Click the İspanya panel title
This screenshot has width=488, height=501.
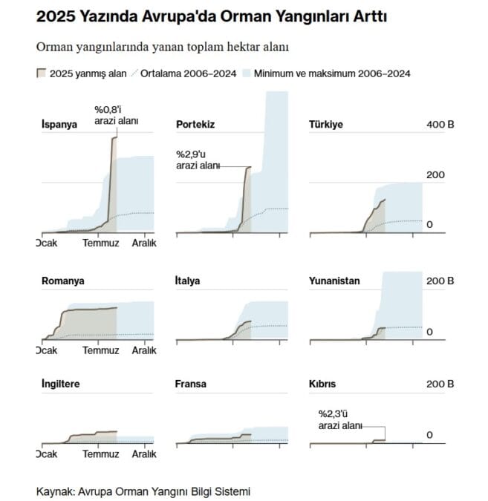click(59, 125)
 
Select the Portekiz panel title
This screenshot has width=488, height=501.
click(195, 125)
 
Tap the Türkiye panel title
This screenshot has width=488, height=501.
click(325, 125)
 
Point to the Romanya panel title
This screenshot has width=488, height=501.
click(62, 281)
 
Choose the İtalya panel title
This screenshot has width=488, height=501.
click(187, 281)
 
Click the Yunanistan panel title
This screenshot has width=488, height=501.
click(334, 281)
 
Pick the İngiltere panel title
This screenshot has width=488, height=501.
click(61, 384)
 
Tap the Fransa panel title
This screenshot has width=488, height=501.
click(191, 384)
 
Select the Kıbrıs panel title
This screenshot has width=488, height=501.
click(322, 384)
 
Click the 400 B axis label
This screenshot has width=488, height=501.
click(440, 125)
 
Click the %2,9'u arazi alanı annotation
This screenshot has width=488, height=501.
click(195, 160)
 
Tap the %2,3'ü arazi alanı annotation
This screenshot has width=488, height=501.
click(339, 419)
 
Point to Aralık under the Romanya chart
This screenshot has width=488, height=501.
click(144, 350)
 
